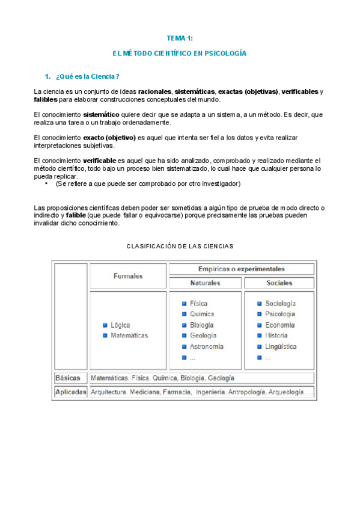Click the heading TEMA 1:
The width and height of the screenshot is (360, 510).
coord(180,38)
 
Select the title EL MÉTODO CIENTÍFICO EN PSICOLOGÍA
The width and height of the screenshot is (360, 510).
coord(180,54)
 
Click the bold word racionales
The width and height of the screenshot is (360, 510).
coord(154,91)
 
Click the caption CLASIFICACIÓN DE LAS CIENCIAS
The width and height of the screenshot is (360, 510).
coord(180,246)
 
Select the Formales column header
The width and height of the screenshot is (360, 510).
coord(128,276)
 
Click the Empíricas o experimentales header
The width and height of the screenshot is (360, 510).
coord(242,269)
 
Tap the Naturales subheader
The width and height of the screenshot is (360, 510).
coord(206,283)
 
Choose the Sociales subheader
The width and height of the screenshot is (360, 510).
coord(280,283)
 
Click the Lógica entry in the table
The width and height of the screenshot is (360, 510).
coord(120,325)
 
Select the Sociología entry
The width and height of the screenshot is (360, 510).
coord(281,304)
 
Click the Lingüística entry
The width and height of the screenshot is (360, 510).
coord(281,346)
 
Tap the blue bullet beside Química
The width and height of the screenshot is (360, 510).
coord(185,314)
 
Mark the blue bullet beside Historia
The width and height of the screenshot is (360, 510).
coord(260,336)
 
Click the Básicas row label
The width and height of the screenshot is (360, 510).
coord(68,378)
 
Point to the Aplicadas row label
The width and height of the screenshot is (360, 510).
coord(71,392)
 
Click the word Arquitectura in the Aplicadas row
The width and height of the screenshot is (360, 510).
coord(109,392)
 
